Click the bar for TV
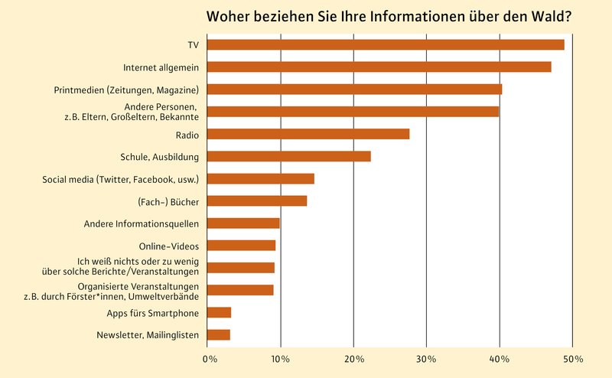[x=386, y=44]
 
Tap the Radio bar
[x=308, y=134]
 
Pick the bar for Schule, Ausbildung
[x=289, y=156]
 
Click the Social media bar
[x=261, y=178]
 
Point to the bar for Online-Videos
[x=242, y=246]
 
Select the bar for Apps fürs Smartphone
[x=220, y=312]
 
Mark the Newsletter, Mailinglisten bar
[x=219, y=334]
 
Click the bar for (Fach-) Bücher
[x=257, y=200]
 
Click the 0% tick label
[x=207, y=358]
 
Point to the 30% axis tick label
[x=426, y=358]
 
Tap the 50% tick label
[x=573, y=358]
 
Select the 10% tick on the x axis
[x=280, y=358]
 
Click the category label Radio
[x=187, y=135]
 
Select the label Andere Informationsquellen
[x=142, y=223]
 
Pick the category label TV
[x=193, y=45]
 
